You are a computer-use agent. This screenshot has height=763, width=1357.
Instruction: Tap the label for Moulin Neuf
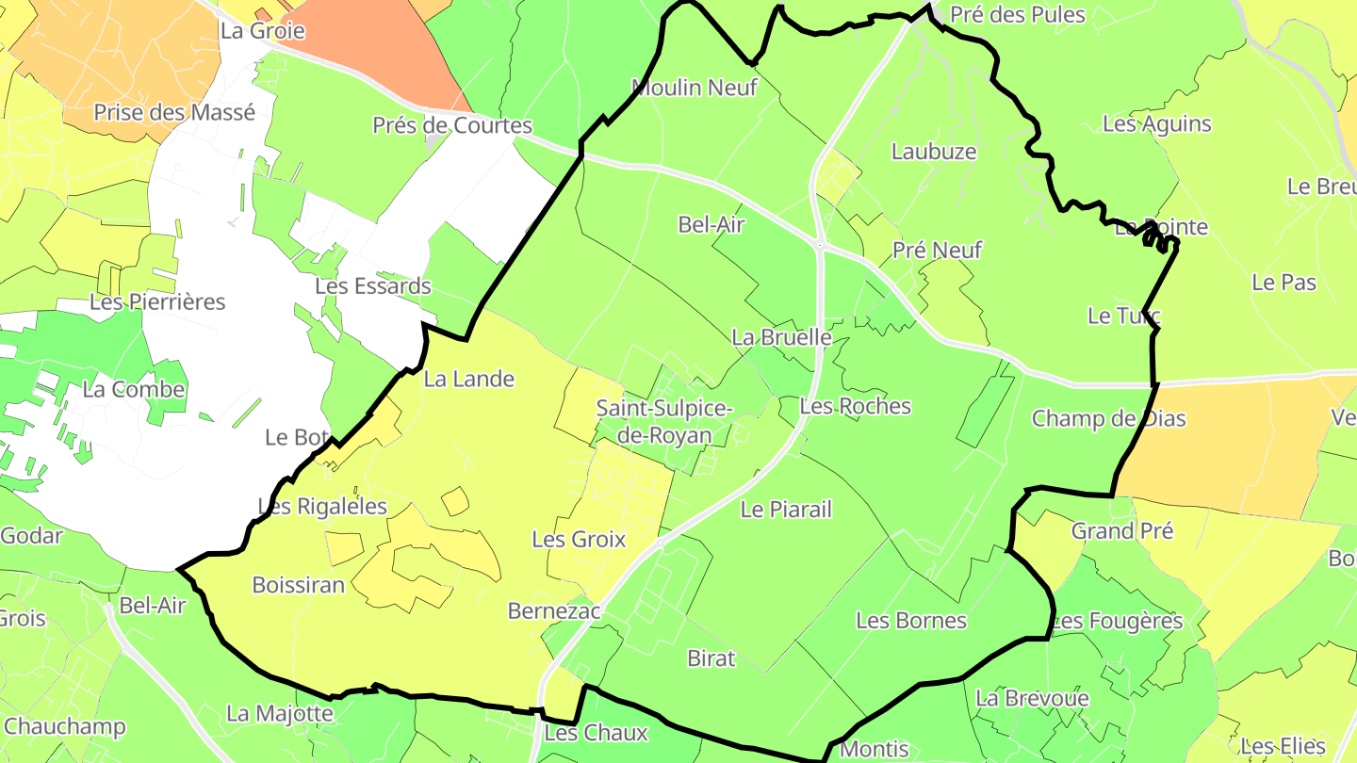click(x=694, y=88)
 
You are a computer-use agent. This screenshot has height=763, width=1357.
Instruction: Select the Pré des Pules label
click(x=1018, y=14)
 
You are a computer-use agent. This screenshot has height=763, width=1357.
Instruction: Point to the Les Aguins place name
click(x=1156, y=123)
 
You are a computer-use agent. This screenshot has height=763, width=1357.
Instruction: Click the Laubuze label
click(x=934, y=151)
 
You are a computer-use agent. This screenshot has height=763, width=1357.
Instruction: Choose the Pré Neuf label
click(x=937, y=250)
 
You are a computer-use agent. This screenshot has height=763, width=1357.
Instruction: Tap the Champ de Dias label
click(x=1108, y=418)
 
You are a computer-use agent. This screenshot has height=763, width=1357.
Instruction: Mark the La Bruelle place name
click(x=781, y=336)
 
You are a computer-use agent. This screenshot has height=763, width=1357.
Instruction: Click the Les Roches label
click(x=855, y=406)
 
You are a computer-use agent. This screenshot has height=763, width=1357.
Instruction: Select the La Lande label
click(x=469, y=379)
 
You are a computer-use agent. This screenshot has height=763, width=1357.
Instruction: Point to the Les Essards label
click(x=373, y=285)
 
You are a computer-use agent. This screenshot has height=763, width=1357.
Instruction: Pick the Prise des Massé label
click(x=174, y=112)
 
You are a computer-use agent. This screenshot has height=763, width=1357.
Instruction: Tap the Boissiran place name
click(x=299, y=584)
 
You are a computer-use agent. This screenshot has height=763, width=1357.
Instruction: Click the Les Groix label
click(x=579, y=539)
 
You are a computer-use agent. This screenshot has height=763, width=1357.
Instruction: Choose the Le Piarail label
click(x=786, y=510)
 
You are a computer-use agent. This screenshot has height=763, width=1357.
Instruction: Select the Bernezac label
click(x=554, y=610)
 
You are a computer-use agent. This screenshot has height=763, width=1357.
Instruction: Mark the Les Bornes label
click(x=911, y=620)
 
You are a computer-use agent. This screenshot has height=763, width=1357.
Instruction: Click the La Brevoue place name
click(x=1032, y=698)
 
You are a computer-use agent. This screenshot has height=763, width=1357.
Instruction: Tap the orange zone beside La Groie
click(x=377, y=47)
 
